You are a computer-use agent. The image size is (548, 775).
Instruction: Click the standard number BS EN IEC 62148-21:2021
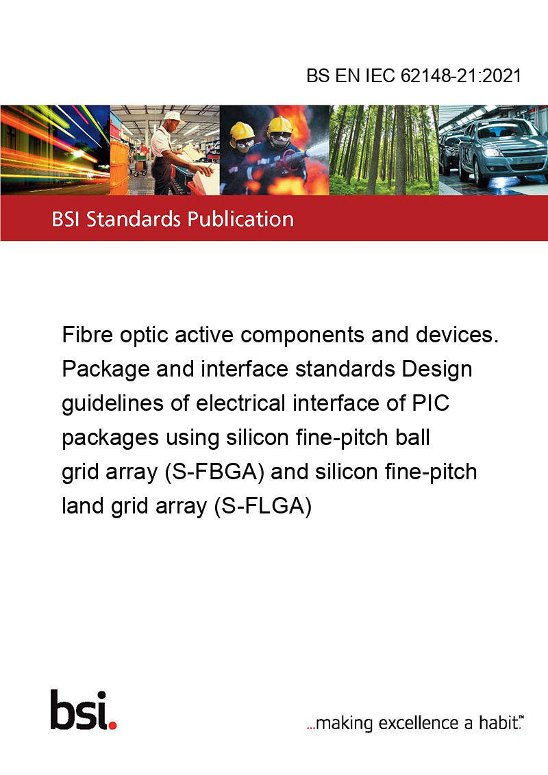click(x=414, y=76)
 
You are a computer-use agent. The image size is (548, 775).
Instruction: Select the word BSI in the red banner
click(x=66, y=219)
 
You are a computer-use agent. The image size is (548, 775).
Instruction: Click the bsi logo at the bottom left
click(x=84, y=710)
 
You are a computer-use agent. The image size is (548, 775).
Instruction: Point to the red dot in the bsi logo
click(x=112, y=725)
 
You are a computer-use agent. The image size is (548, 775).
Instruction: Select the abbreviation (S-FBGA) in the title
click(x=214, y=472)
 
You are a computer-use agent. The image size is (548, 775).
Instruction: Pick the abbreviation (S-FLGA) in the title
click(x=263, y=506)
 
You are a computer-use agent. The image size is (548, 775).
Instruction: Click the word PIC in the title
click(x=431, y=403)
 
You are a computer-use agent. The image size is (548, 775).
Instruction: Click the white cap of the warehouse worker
click(x=173, y=116)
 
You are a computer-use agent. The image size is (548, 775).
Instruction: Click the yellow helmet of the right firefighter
click(x=280, y=125)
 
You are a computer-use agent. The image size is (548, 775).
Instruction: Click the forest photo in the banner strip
click(x=384, y=150)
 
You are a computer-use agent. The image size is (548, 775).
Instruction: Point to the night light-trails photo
click(x=55, y=150)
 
